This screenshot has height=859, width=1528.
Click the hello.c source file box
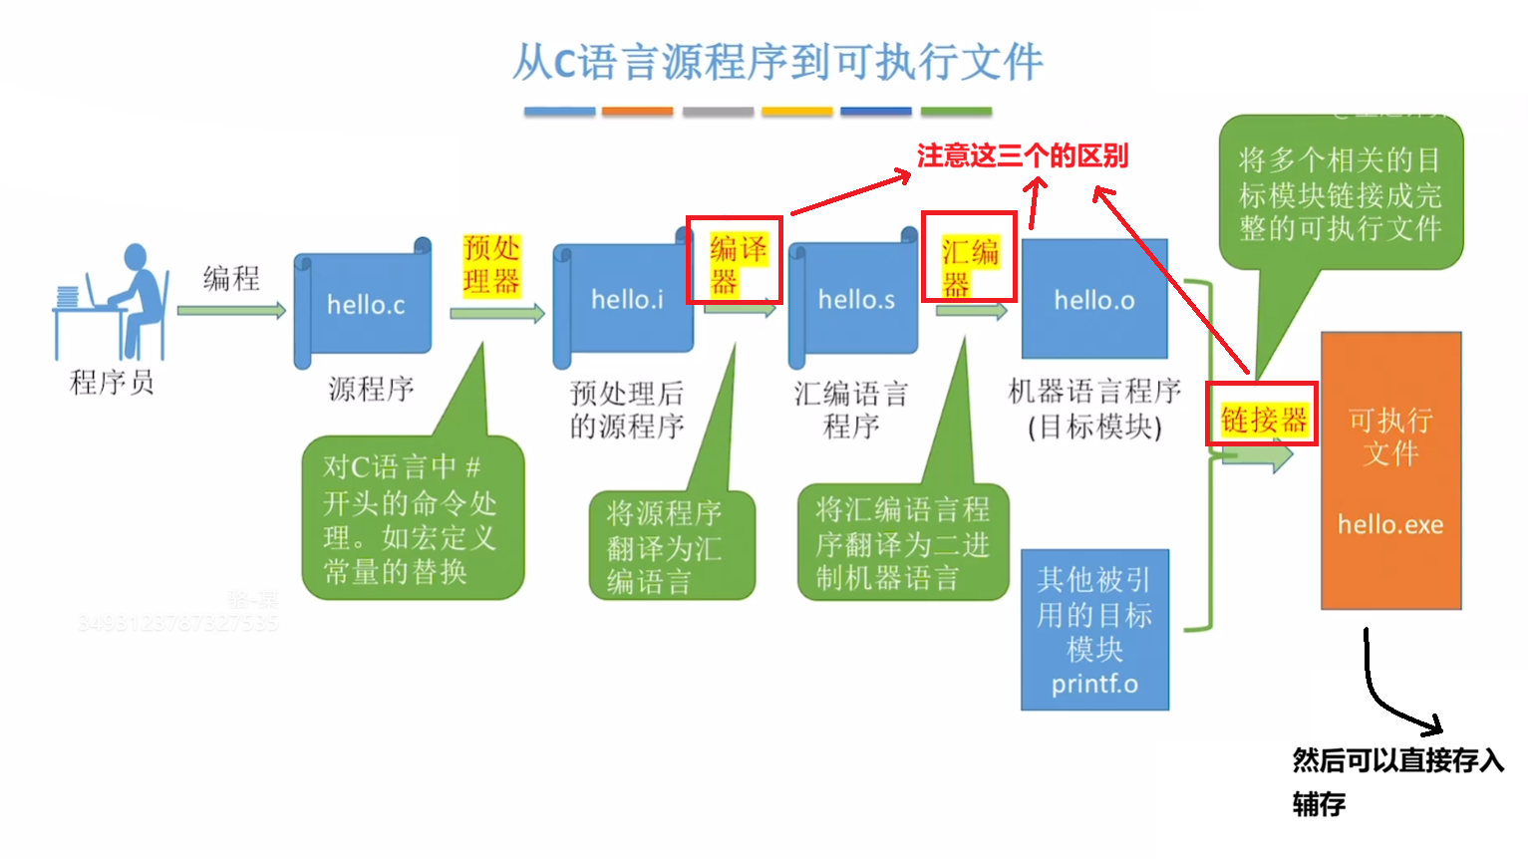[364, 304]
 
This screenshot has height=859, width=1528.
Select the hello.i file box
[626, 300]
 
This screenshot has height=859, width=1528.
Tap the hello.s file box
[855, 300]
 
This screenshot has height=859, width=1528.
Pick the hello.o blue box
[1094, 300]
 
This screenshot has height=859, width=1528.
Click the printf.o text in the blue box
[1094, 685]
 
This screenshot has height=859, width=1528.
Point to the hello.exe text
[1390, 524]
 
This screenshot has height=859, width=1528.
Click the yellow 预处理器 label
[491, 265]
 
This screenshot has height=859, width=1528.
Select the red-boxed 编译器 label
[735, 262]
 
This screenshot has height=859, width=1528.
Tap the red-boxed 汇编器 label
[969, 257]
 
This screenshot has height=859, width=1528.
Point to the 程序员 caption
[112, 383]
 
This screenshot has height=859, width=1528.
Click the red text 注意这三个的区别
[1023, 156]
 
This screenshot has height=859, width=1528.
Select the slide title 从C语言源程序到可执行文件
[777, 62]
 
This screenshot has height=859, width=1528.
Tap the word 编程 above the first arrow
[231, 278]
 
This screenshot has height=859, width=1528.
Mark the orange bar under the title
[638, 112]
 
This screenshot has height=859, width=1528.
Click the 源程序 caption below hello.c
[371, 389]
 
